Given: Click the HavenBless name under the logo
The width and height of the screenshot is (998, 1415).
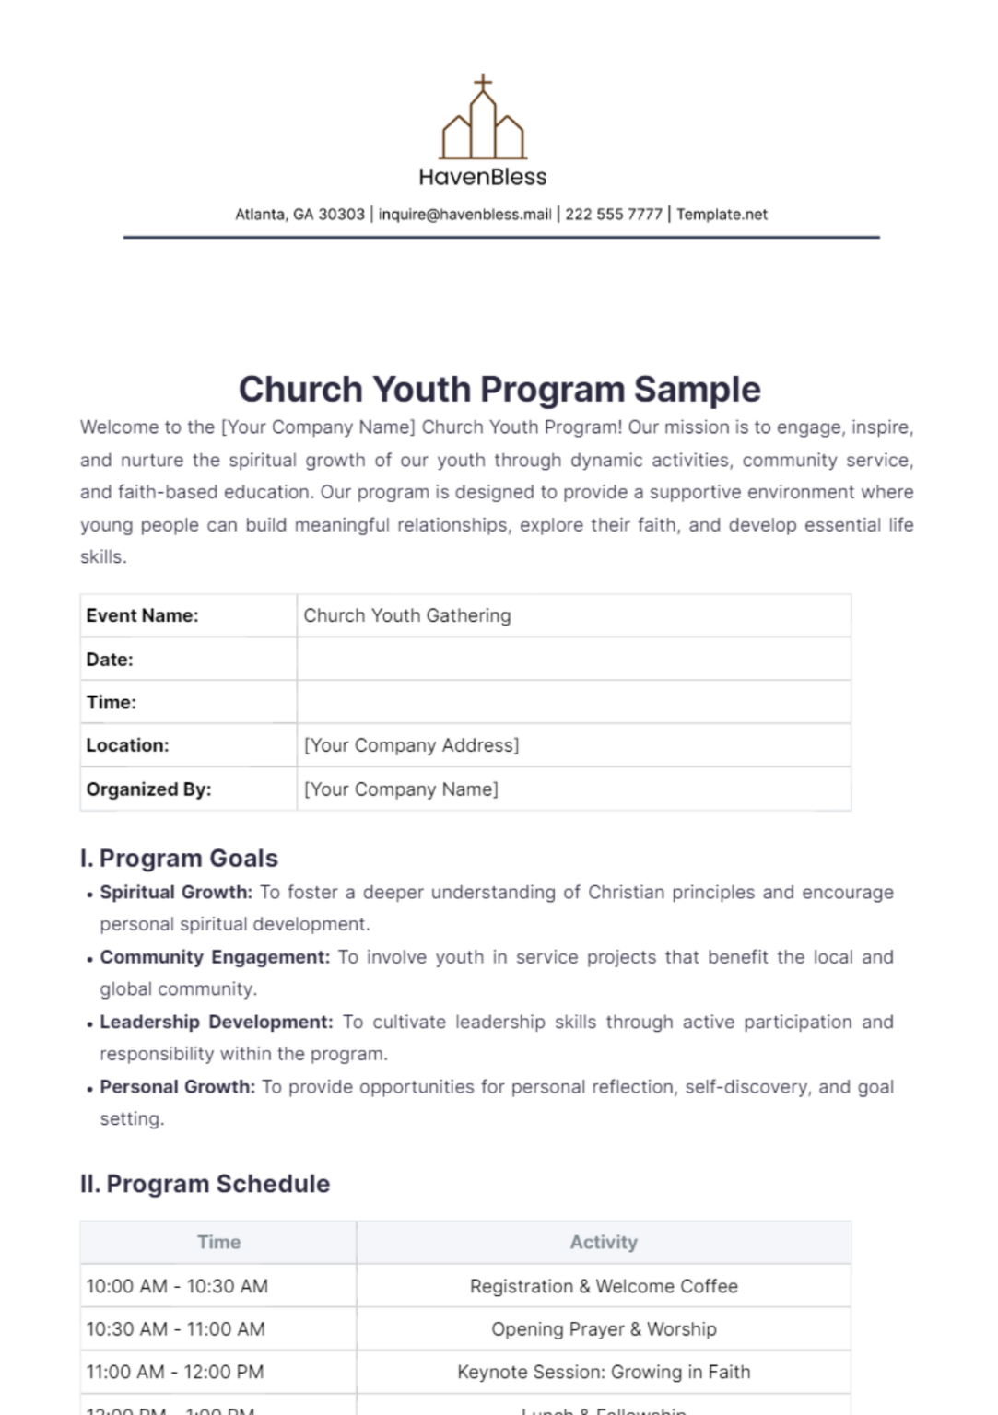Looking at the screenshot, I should click(483, 177).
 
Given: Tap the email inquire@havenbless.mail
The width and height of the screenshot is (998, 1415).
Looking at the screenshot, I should click(464, 215).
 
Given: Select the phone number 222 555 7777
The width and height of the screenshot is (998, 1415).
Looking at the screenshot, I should click(614, 215).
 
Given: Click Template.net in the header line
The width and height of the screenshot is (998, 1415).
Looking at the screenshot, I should click(722, 215).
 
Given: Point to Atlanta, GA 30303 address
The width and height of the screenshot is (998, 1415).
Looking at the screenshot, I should click(299, 215).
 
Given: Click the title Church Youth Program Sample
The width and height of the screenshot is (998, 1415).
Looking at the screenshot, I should click(499, 390).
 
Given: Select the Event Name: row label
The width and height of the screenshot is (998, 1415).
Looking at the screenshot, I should click(143, 615).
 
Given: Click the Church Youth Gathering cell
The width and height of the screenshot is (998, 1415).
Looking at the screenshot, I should click(407, 615).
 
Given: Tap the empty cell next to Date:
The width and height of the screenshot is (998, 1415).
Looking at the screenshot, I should click(573, 659).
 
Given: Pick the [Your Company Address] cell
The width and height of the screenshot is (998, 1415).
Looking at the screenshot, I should click(411, 745).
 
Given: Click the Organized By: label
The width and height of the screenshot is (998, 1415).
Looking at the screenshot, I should click(149, 789).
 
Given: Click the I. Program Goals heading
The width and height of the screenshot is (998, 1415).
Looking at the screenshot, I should click(179, 858).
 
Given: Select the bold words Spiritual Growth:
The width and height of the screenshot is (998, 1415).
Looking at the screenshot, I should click(176, 892).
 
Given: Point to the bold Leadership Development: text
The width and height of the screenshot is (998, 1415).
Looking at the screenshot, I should click(217, 1022).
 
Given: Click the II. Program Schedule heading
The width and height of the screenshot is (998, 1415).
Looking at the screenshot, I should click(205, 1184).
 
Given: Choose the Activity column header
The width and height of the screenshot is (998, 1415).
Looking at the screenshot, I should click(604, 1242).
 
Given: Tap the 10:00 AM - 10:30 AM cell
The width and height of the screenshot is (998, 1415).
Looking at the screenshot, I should click(177, 1286).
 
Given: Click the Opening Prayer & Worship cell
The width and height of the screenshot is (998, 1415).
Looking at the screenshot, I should click(604, 1329).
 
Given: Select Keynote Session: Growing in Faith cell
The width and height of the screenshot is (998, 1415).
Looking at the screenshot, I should click(604, 1373).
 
